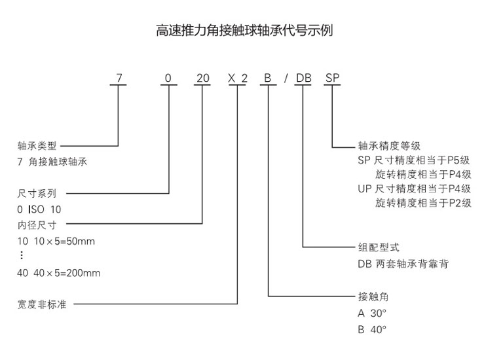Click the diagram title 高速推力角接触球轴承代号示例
coord(244,31)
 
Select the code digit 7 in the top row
coord(119,78)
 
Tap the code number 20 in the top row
coord(203,78)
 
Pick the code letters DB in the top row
coord(304,78)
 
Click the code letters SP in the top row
coord(333,78)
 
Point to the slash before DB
coord(286,78)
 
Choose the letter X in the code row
coord(231,78)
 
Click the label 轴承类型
coord(37,145)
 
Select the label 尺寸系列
coord(37,194)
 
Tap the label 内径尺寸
coord(37,225)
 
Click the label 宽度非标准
coord(42,304)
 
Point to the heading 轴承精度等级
coord(389,145)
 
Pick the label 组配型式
coord(379,247)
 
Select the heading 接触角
coord(373,297)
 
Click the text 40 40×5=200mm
coord(59,273)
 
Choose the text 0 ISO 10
coord(39,209)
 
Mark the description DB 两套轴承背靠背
coord(403,264)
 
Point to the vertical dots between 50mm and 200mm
coord(22,255)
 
